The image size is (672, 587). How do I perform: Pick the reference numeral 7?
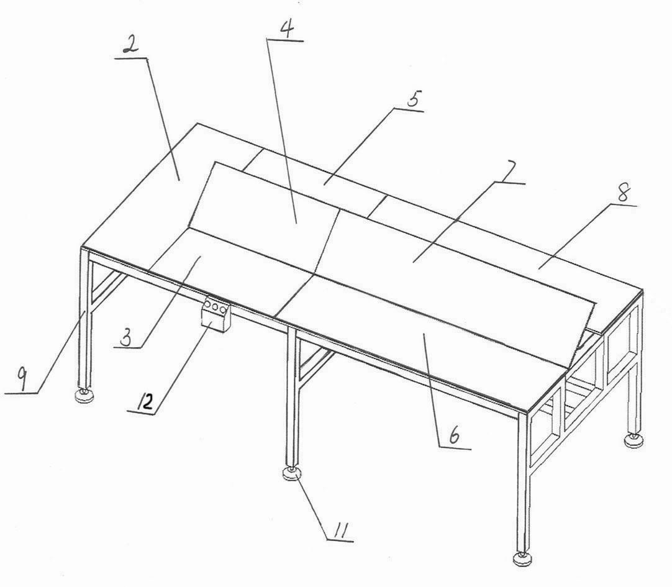(x=509, y=172)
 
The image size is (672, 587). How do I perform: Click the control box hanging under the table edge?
(x=216, y=315)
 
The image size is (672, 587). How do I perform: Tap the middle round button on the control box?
(x=215, y=306)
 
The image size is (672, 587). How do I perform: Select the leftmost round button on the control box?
(x=208, y=304)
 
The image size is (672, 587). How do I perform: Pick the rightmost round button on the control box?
(x=223, y=308)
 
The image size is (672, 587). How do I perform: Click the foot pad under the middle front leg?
(x=293, y=474)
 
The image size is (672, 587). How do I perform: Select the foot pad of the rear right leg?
(x=633, y=440)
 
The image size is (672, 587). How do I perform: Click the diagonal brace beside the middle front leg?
(x=315, y=365)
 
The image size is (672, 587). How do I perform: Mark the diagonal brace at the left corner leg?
(x=107, y=291)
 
